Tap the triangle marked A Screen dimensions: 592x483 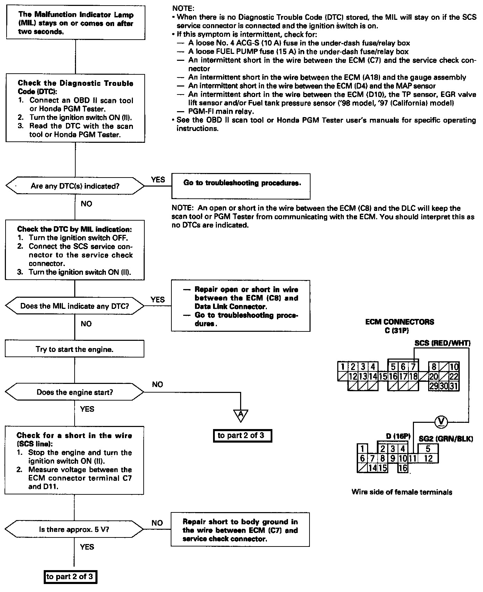coord(240,414)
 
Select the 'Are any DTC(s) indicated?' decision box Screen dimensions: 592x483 coord(75,186)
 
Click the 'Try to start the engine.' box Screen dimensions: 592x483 coord(75,349)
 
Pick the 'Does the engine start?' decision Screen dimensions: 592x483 coord(75,392)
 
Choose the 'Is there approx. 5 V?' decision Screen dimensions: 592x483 coord(75,530)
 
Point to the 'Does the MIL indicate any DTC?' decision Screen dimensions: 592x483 coord(75,306)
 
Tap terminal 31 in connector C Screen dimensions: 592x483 coord(454,386)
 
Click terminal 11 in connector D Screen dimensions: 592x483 coord(413,459)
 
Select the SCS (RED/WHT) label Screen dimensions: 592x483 coord(442,343)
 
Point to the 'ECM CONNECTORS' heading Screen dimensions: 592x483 coord(399,322)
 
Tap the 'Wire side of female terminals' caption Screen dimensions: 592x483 coord(402,492)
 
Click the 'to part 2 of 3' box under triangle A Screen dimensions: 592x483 coord(242,436)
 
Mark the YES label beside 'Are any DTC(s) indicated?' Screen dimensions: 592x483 coord(158,180)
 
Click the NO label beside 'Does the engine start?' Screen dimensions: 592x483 coord(158,384)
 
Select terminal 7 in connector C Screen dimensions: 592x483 coord(413,367)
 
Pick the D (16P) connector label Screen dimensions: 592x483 coord(398,436)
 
